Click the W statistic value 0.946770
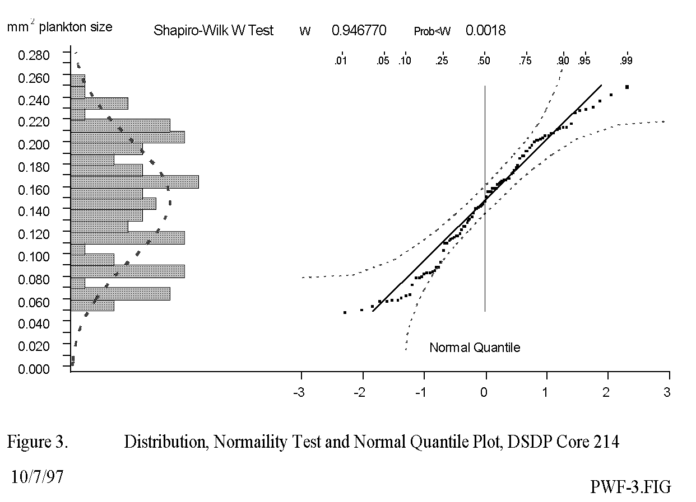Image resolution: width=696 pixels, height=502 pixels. click(359, 31)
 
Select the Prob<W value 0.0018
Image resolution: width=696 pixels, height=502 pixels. click(485, 31)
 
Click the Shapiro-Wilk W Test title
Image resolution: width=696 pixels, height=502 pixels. click(214, 31)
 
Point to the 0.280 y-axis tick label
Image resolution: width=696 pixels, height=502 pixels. click(34, 55)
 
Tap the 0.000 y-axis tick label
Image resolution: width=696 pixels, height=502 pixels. click(34, 368)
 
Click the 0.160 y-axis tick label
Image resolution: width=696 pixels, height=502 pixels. click(34, 189)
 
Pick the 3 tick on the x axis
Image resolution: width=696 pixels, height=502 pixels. click(667, 392)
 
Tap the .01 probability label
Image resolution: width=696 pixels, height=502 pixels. click(340, 62)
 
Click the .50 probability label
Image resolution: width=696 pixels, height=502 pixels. click(484, 62)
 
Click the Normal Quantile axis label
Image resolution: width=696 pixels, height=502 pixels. click(475, 348)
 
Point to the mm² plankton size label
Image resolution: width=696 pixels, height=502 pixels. click(59, 26)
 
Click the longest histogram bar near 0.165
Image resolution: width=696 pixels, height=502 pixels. click(134, 182)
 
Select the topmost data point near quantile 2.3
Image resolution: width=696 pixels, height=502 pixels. click(627, 87)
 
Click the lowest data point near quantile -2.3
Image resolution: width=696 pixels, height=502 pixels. click(345, 312)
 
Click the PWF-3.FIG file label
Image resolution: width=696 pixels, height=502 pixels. click(630, 487)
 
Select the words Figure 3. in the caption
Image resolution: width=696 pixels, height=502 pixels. click(38, 442)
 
